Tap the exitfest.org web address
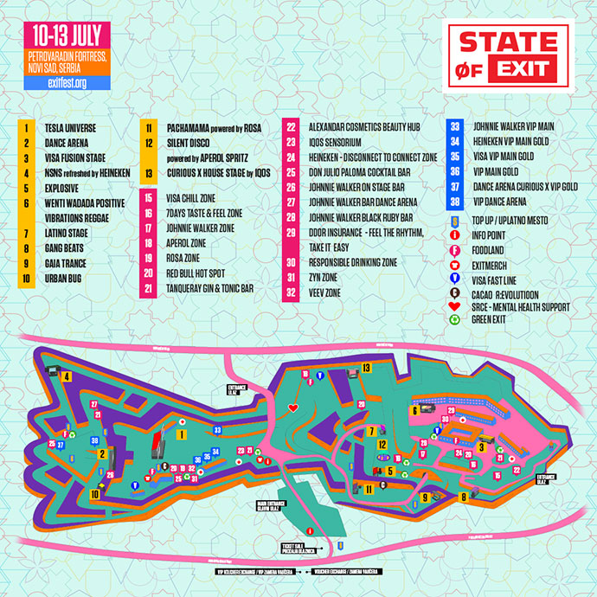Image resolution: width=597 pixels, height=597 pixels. click(x=67, y=83)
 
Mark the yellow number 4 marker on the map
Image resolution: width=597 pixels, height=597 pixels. click(x=66, y=376)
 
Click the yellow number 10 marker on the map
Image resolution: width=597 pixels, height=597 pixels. click(x=94, y=495)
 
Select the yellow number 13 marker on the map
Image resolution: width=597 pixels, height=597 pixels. click(x=367, y=369)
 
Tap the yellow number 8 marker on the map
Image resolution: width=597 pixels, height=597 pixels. click(x=464, y=497)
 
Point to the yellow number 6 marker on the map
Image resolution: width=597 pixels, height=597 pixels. click(x=415, y=412)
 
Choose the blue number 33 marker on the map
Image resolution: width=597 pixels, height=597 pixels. click(x=217, y=429)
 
